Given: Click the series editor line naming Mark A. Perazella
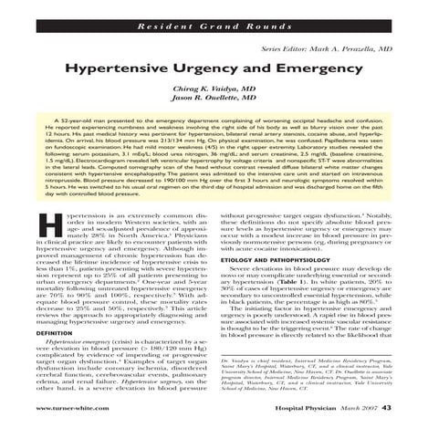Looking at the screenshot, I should tap(325, 47).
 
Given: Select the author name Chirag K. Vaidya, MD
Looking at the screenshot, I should tap(214, 88).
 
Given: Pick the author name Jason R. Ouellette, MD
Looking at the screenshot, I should tap(214, 98).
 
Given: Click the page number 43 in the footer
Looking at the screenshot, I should tap(386, 406).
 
